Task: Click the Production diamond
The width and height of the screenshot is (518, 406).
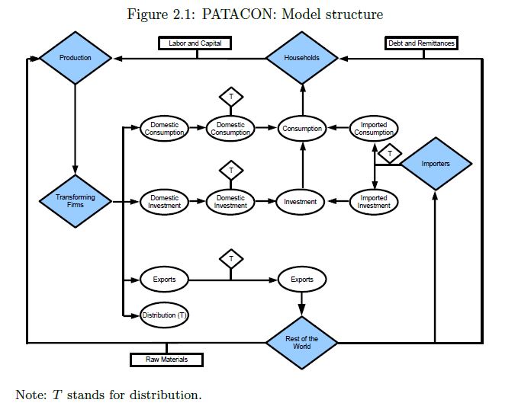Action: [75, 58]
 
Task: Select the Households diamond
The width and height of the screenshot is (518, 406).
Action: [302, 58]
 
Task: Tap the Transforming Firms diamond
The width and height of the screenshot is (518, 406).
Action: [75, 201]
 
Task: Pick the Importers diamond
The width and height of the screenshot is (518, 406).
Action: [436, 164]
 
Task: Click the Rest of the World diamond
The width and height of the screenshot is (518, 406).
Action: [302, 342]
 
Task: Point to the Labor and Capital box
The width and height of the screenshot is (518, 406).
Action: [195, 43]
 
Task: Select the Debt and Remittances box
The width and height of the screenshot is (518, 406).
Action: [422, 43]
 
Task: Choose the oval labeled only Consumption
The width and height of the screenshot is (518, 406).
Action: [302, 129]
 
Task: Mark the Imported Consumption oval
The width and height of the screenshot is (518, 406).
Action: [374, 129]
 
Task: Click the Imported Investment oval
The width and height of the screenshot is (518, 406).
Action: [374, 202]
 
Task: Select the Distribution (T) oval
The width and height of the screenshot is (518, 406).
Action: [164, 315]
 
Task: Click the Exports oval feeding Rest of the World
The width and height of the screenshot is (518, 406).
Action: [302, 280]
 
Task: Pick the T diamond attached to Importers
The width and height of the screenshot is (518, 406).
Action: [390, 154]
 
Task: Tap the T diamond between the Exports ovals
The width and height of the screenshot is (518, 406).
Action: [230, 259]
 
